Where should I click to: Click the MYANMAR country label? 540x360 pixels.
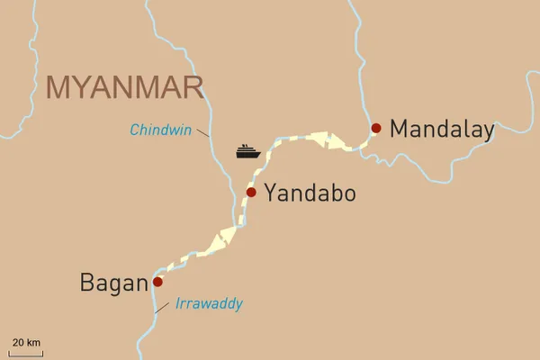pyautogui.click(x=124, y=87)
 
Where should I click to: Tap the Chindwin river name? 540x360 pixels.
pyautogui.click(x=162, y=130)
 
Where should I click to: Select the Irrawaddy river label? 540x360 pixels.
pyautogui.click(x=209, y=304)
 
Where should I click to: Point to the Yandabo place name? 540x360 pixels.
pyautogui.click(x=310, y=193)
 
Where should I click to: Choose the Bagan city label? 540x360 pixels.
pyautogui.click(x=113, y=283)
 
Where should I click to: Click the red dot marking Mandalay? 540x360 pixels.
pyautogui.click(x=376, y=128)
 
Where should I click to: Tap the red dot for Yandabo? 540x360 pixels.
pyautogui.click(x=252, y=193)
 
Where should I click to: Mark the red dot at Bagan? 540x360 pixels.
pyautogui.click(x=158, y=282)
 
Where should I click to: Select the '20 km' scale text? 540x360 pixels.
pyautogui.click(x=25, y=342)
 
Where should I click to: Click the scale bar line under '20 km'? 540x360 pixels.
pyautogui.click(x=25, y=351)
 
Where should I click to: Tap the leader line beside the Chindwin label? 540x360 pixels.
pyautogui.click(x=203, y=132)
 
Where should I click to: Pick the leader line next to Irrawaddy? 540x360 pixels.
pyautogui.click(x=161, y=307)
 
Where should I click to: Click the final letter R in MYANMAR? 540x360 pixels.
pyautogui.click(x=191, y=87)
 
